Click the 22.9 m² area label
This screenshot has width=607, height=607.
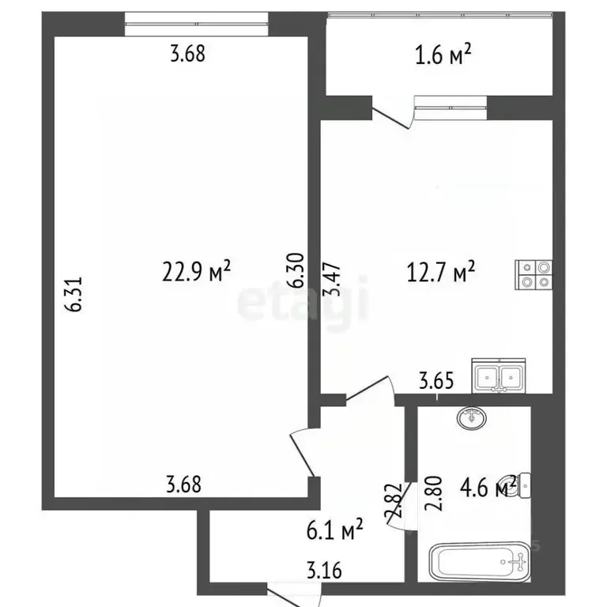pos(197,272)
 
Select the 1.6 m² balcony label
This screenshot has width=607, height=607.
pos(443,55)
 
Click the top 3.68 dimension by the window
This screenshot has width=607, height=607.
pos(187,55)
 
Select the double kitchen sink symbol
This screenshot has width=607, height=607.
pos(498,375)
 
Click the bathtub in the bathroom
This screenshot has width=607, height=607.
pos(479,563)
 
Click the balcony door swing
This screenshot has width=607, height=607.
pos(395,115)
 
